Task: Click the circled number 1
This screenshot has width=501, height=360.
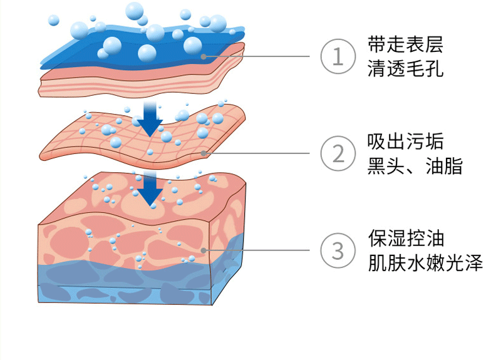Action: (338, 56)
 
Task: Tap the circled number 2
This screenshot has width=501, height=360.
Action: (338, 153)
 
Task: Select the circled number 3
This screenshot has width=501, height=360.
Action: (338, 250)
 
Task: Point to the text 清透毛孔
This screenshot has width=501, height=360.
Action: (406, 69)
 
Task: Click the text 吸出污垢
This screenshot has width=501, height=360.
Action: (406, 142)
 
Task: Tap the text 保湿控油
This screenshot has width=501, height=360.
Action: (406, 239)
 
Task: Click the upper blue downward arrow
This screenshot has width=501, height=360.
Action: (150, 119)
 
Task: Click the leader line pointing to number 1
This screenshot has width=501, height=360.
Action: (263, 56)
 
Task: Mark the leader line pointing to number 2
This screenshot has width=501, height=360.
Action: (263, 153)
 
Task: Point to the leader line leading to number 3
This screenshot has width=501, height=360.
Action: (263, 250)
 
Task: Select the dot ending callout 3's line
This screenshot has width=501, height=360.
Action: (204, 250)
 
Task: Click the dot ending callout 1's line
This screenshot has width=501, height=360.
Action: (204, 56)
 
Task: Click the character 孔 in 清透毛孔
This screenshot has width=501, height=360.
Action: (435, 69)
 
